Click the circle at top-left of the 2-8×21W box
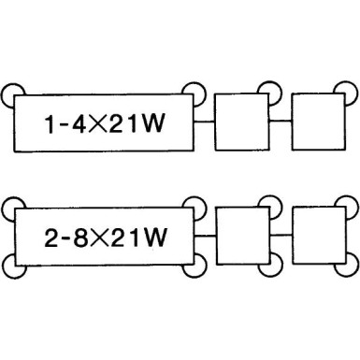[x=11, y=206]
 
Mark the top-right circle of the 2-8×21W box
[x=195, y=206]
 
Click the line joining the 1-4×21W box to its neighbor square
[x=205, y=122]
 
